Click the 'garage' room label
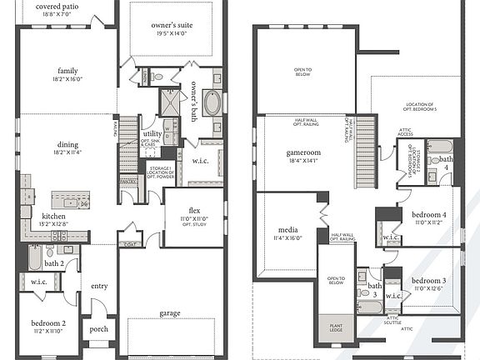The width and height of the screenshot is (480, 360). pos(170,313)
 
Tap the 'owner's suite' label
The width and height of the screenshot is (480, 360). pos(172,26)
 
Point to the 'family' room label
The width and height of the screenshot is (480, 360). pos(67,71)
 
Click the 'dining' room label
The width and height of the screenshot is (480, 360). pos(67,144)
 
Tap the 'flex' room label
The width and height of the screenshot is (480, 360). pos(193,209)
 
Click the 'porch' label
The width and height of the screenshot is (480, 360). pos(98,328)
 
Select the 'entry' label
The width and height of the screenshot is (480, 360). pos(99,286)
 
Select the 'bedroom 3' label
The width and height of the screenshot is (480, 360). pos(430,280)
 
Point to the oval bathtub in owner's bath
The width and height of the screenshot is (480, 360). pos(212,104)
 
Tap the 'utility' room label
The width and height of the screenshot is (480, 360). pos(152,133)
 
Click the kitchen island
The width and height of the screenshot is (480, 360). pos(71,200)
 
